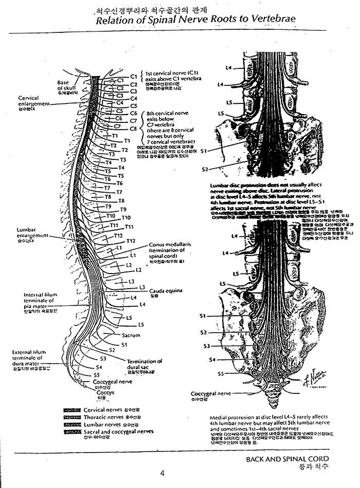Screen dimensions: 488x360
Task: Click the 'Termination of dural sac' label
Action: pos(145,364)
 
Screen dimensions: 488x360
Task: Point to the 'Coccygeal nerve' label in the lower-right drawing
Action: pos(211,393)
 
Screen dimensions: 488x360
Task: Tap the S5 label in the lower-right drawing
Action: pos(222,374)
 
